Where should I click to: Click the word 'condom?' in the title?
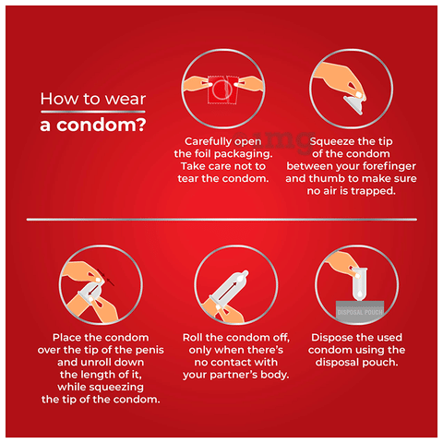tap(102, 125)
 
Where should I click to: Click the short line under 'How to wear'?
tap(93, 112)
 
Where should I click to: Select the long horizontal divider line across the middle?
tap(221, 220)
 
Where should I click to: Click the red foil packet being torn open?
tap(222, 90)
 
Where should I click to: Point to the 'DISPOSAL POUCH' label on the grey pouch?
tap(360, 312)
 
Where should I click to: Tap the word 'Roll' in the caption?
tap(193, 338)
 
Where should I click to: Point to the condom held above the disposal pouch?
tap(360, 283)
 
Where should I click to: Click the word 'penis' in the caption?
tap(150, 350)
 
